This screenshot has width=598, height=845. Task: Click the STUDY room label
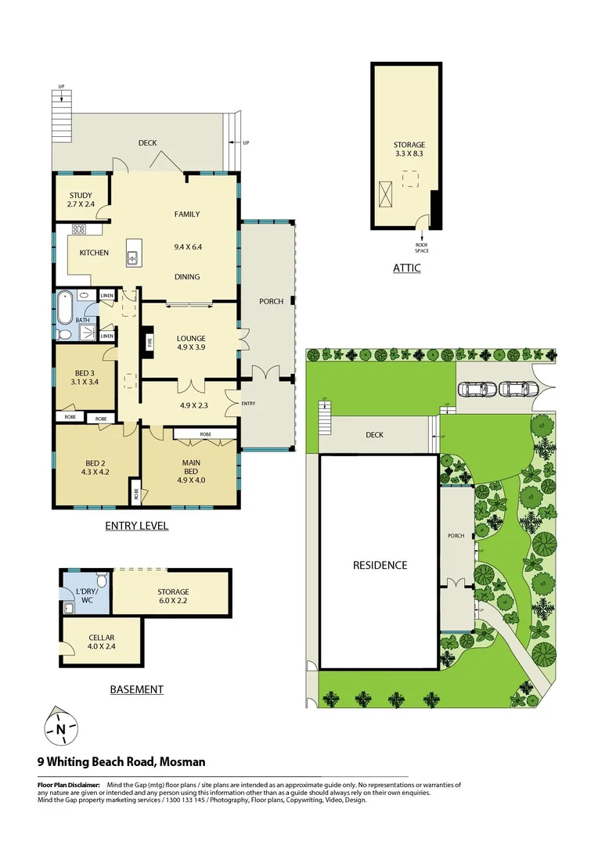pyautogui.click(x=80, y=196)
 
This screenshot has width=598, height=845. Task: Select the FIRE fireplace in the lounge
pyautogui.click(x=149, y=342)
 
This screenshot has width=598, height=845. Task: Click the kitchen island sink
pyautogui.click(x=133, y=253)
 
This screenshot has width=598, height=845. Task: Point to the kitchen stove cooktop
pyautogui.click(x=79, y=230)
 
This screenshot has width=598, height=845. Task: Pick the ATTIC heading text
pyautogui.click(x=406, y=268)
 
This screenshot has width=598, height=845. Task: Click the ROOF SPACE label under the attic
pyautogui.click(x=422, y=247)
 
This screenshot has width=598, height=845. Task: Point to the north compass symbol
pyautogui.click(x=60, y=728)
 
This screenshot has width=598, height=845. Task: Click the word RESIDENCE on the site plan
pyautogui.click(x=380, y=565)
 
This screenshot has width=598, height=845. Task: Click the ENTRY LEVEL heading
pyautogui.click(x=137, y=526)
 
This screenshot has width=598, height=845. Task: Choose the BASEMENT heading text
pyautogui.click(x=136, y=689)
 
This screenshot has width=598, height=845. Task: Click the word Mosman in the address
pyautogui.click(x=182, y=760)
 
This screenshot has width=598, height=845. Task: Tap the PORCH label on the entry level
pyautogui.click(x=271, y=301)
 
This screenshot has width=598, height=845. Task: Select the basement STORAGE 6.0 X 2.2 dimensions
pyautogui.click(x=172, y=601)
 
